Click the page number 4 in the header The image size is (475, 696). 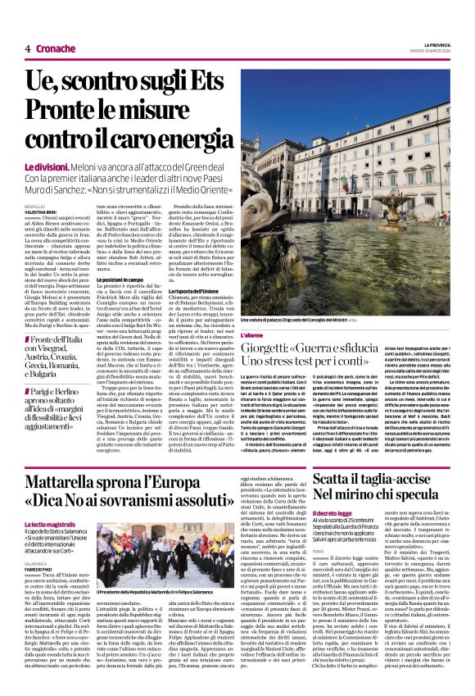[28, 48]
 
